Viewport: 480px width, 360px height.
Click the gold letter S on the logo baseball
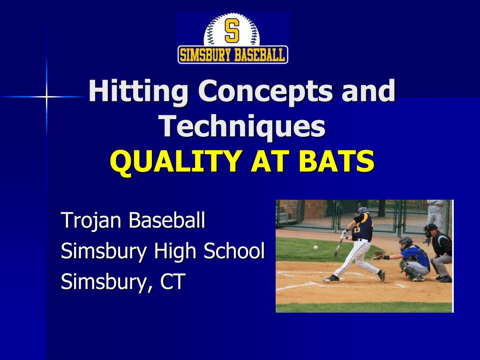(232, 30)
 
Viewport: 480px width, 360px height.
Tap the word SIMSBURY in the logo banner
(203, 55)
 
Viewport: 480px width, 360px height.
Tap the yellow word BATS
(339, 162)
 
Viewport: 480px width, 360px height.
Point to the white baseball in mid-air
(315, 247)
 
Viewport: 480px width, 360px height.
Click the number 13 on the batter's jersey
(357, 230)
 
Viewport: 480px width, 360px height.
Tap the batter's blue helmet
(363, 211)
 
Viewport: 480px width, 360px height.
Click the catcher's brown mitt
(378, 255)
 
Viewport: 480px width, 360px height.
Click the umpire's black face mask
(429, 231)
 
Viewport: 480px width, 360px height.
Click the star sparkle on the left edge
(46, 97)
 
